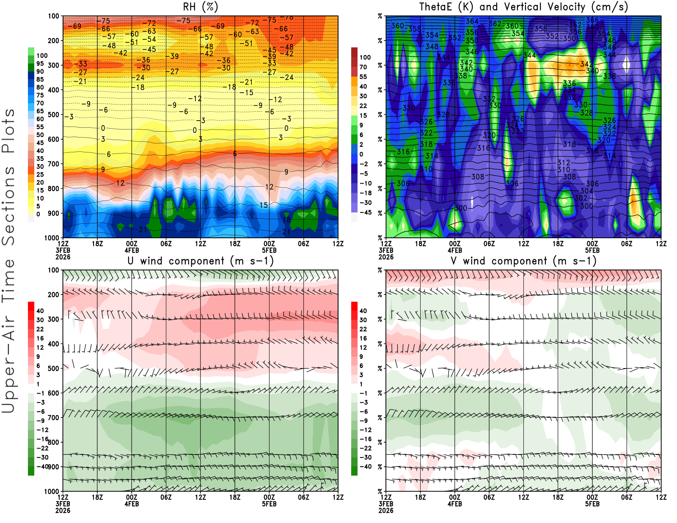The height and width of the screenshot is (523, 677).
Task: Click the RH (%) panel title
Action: tap(200, 7)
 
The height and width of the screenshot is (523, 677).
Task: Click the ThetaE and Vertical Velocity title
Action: tap(523, 7)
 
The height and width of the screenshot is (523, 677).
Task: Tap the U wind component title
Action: tap(201, 261)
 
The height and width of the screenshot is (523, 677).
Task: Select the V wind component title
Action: tap(523, 261)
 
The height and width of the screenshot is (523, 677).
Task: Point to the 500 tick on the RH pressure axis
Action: tap(53, 115)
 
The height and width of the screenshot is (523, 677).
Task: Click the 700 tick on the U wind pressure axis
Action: tap(53, 418)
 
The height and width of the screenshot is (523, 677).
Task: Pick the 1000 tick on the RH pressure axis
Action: tap(52, 238)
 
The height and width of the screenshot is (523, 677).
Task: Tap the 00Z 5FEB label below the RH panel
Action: tap(269, 247)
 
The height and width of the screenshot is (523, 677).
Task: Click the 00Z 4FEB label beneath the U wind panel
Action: tap(132, 501)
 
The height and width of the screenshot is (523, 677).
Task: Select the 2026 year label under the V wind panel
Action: tap(386, 511)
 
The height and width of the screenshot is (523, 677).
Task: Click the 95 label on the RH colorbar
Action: tap(40, 63)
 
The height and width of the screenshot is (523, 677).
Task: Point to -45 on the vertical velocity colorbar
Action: tap(365, 212)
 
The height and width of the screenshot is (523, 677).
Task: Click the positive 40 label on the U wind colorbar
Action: tap(40, 311)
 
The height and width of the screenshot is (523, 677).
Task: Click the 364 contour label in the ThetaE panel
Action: tap(472, 21)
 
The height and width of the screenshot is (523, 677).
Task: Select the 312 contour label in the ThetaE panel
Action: tap(564, 162)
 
